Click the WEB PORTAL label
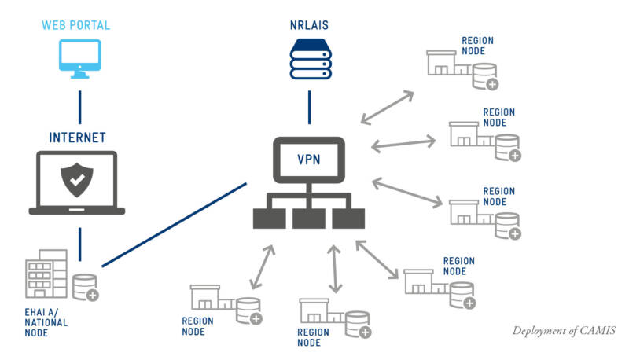[75, 25]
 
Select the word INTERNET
[77, 137]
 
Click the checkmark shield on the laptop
[77, 181]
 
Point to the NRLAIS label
[310, 25]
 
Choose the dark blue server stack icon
[310, 61]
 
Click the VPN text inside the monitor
[308, 160]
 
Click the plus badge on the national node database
[93, 296]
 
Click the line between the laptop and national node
[79, 240]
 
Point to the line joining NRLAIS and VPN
[309, 107]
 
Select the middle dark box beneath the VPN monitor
[308, 219]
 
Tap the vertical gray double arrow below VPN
[337, 268]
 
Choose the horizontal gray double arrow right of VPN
[403, 143]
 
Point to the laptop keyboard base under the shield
[77, 210]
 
